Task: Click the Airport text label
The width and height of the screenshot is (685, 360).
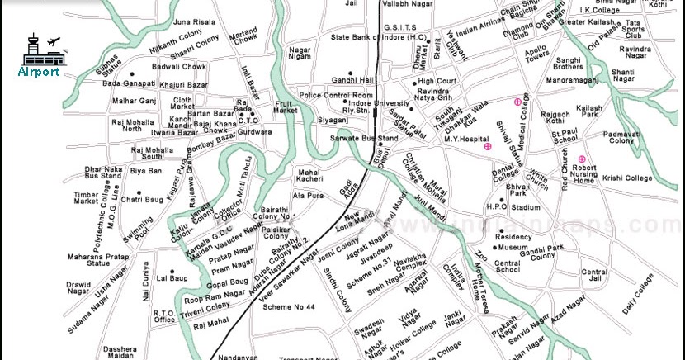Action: click(x=38, y=71)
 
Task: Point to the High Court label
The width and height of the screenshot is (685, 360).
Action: click(x=437, y=81)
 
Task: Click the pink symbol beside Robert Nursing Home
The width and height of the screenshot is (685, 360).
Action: click(x=582, y=159)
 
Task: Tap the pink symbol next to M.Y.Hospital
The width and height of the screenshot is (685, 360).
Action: click(x=488, y=146)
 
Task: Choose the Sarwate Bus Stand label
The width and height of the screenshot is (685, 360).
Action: click(x=364, y=139)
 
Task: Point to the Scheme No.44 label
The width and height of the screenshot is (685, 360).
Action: click(x=290, y=307)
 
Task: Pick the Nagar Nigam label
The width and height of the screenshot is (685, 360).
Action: click(x=300, y=54)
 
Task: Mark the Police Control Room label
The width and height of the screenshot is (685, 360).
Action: click(x=338, y=96)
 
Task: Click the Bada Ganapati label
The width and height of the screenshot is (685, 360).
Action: click(x=129, y=83)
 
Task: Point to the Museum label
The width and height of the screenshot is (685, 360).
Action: click(x=512, y=248)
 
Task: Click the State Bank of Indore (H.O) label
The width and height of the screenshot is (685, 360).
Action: click(x=379, y=37)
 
